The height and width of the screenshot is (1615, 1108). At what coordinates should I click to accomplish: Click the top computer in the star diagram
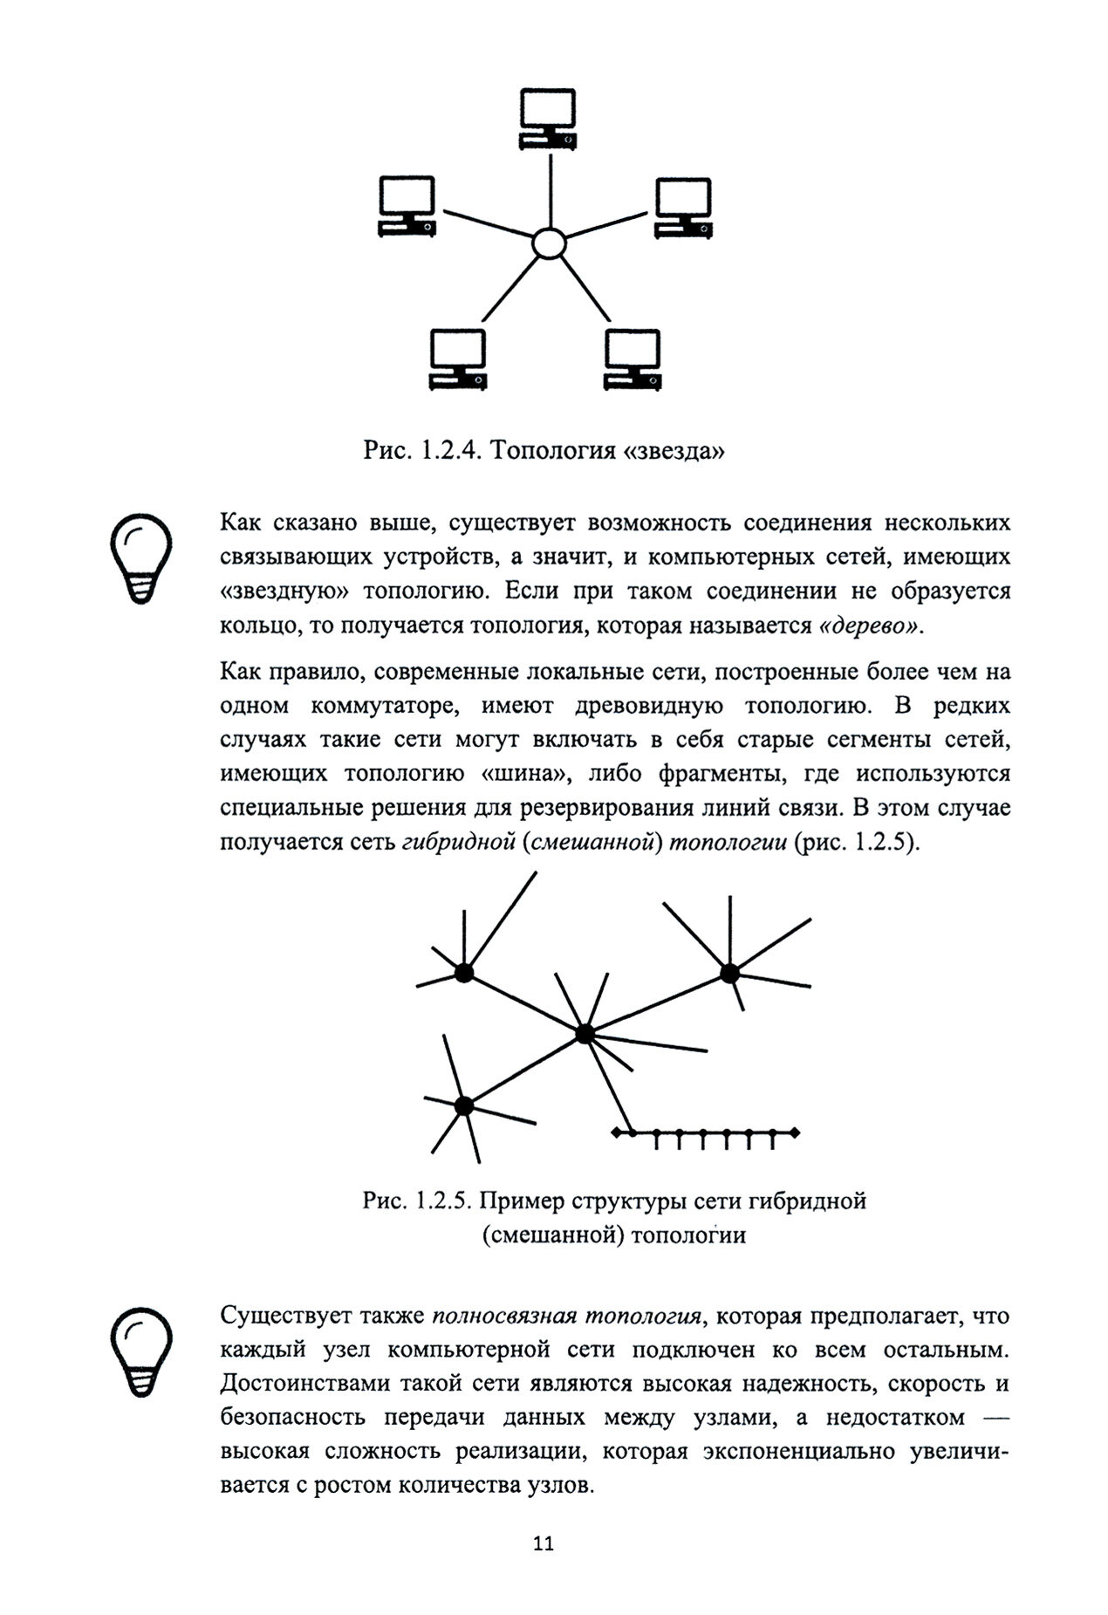548,118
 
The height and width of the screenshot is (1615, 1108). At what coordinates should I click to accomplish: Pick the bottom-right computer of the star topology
633,359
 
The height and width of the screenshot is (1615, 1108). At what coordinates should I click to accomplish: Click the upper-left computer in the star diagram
407,205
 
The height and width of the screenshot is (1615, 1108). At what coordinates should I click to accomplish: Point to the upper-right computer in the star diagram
683,209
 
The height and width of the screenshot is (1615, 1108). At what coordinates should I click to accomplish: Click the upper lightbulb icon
139,557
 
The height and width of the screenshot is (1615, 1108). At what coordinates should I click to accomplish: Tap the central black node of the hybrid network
585,1034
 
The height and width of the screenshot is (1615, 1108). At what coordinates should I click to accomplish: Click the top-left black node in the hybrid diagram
464,973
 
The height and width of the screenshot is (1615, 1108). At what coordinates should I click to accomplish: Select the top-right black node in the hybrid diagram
729,972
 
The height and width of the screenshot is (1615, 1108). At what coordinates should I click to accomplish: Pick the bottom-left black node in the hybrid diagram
464,1105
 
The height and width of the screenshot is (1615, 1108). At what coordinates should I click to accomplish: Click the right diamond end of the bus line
794,1133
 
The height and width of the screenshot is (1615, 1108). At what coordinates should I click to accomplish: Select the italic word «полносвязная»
504,1316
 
